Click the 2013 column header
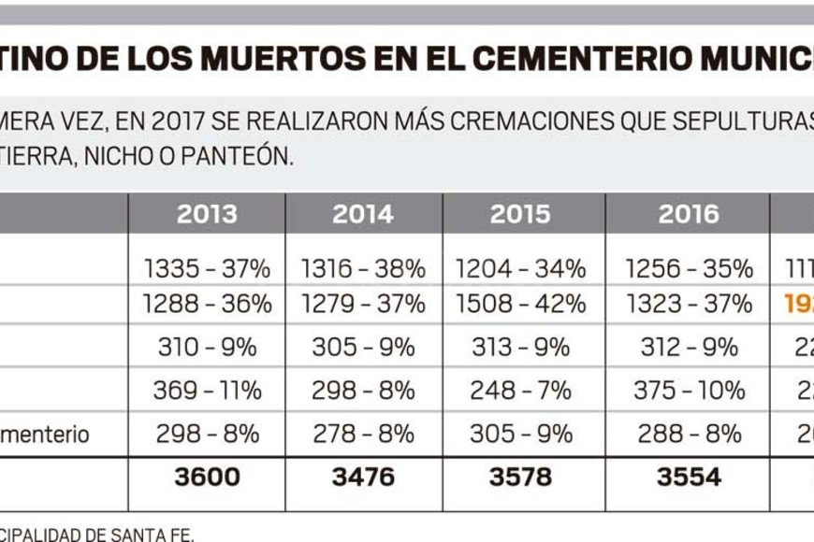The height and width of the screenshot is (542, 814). [207, 214]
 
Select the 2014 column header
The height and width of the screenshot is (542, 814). [362, 214]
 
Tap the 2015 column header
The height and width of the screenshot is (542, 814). [520, 214]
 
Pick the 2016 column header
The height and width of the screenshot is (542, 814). [688, 214]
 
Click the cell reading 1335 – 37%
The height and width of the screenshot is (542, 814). [207, 269]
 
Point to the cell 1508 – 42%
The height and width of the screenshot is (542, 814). [520, 304]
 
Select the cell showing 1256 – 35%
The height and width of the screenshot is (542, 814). [688, 269]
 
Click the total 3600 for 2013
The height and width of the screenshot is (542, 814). [207, 477]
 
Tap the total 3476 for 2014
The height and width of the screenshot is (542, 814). [362, 477]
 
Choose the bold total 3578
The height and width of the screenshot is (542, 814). [520, 477]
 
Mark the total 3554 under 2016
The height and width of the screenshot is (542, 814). [688, 477]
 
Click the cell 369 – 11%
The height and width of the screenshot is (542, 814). [207, 390]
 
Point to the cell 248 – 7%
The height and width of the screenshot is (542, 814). [520, 390]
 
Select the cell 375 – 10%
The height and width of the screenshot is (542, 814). [688, 390]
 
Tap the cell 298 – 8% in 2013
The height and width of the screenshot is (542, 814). [207, 434]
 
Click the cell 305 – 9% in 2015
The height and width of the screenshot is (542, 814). [520, 434]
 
